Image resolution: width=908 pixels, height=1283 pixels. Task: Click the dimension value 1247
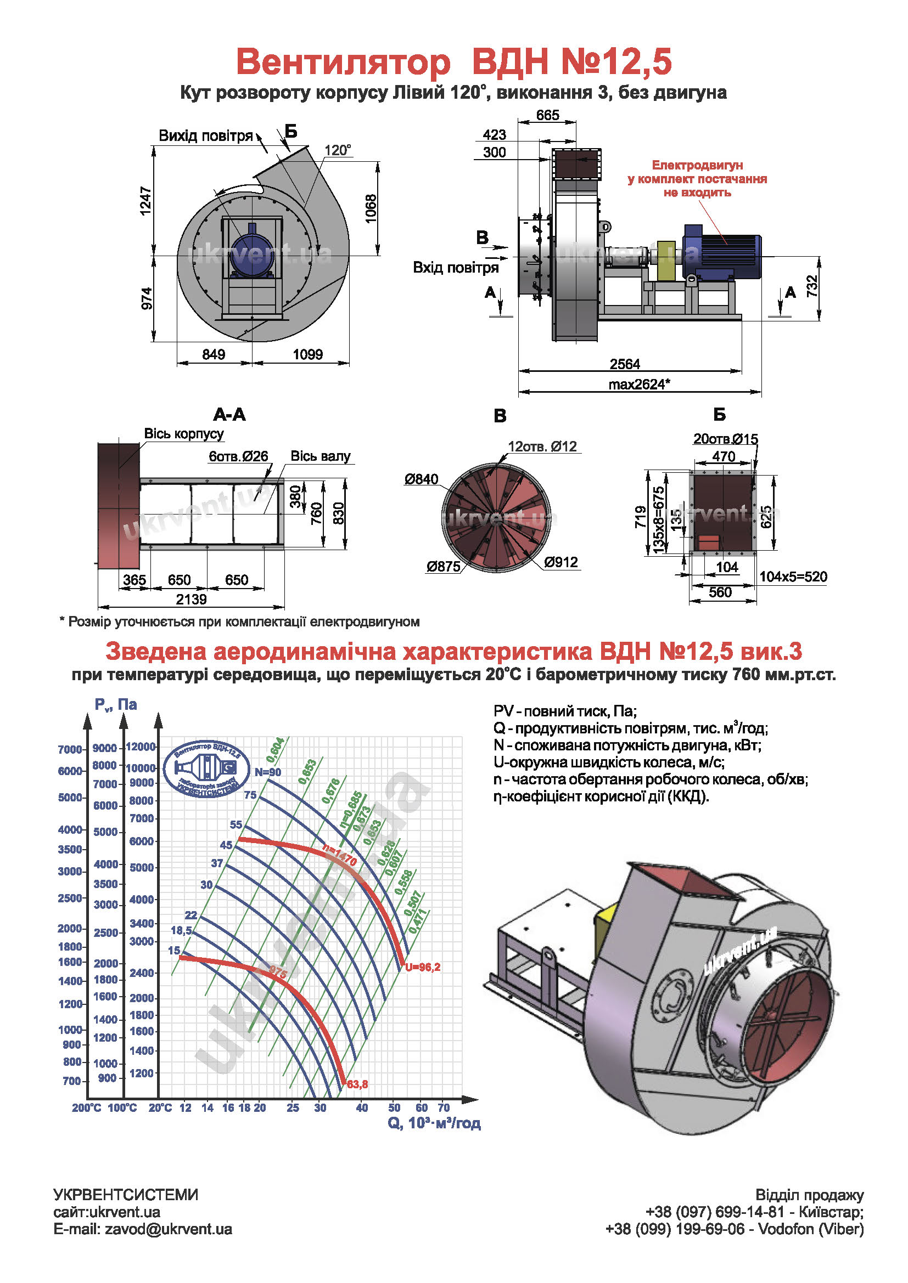coord(145,201)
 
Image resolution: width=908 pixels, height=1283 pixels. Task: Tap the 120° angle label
coord(338,150)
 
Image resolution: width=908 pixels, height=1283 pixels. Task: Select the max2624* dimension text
coord(639,385)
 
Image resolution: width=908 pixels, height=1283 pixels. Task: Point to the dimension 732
coord(812,286)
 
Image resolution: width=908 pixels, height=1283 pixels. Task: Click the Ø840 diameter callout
coord(422,479)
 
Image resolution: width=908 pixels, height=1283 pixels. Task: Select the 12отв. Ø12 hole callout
coord(542,446)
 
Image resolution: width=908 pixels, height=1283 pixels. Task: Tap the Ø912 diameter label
coord(561,562)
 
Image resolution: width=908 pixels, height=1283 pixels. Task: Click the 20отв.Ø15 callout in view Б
coord(725,439)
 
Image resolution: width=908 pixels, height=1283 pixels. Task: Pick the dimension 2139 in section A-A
coord(191,600)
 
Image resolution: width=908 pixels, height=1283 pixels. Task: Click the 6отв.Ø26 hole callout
coord(238,456)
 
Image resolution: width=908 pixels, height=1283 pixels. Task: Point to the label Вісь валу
coord(321,456)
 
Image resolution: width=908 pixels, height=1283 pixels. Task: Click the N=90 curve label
coord(268,772)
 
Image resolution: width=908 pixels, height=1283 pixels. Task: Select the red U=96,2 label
coord(423,967)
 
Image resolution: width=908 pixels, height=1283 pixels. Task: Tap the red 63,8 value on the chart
coord(357,1084)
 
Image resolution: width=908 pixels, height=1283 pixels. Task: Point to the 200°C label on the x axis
coord(86,1107)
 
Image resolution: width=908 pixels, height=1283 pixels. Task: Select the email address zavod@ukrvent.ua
coord(168,1229)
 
